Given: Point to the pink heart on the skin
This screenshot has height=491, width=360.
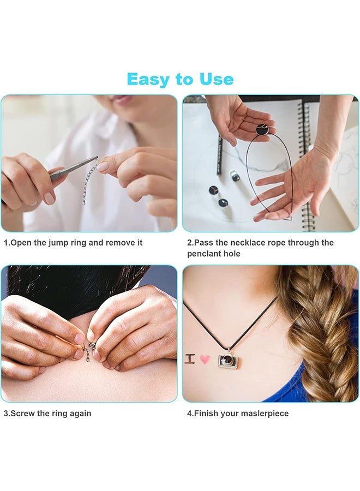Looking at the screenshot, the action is pos(205,359).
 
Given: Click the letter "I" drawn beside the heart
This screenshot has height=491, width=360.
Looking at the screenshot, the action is pos(190,358).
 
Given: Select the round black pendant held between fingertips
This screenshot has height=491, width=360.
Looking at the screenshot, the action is pos(262,129).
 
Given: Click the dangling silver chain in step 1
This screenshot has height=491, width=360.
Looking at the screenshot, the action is pos(91,182).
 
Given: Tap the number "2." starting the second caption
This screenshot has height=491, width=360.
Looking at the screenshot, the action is pos(191,243).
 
